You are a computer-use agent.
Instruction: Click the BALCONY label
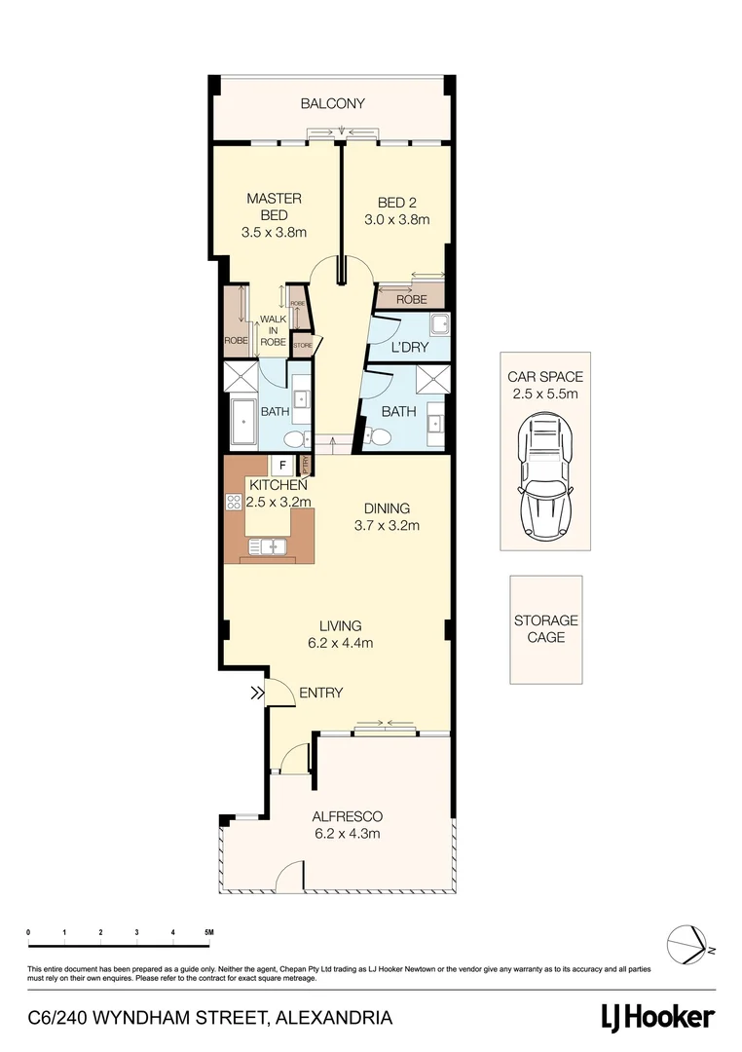(332, 103)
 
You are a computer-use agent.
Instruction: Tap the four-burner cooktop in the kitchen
(234, 503)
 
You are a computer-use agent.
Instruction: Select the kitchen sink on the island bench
(268, 546)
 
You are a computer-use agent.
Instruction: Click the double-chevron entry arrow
(257, 694)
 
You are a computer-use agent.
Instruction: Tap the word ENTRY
(320, 694)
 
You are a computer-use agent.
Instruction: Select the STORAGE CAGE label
(545, 628)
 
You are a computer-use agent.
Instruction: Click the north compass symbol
(689, 946)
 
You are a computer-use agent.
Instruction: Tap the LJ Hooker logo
(655, 1018)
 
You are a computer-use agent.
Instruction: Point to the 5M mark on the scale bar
(208, 933)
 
